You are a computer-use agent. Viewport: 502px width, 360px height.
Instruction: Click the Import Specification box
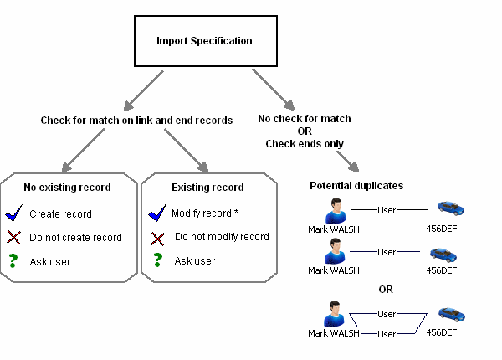pos(204,41)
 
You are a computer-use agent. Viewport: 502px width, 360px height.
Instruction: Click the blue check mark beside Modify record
pos(157,213)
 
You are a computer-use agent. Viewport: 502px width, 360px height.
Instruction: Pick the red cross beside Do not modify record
pos(157,238)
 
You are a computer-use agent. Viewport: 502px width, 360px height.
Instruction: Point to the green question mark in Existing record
pos(157,261)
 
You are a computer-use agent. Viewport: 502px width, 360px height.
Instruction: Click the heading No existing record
pos(67,188)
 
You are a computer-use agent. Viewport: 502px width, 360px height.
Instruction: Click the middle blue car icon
pos(444,254)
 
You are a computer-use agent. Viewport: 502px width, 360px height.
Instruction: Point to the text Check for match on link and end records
pos(137,121)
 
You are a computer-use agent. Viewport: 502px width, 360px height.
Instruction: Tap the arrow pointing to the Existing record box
pos(193,152)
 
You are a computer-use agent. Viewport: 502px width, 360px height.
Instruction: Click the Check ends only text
pos(305,143)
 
